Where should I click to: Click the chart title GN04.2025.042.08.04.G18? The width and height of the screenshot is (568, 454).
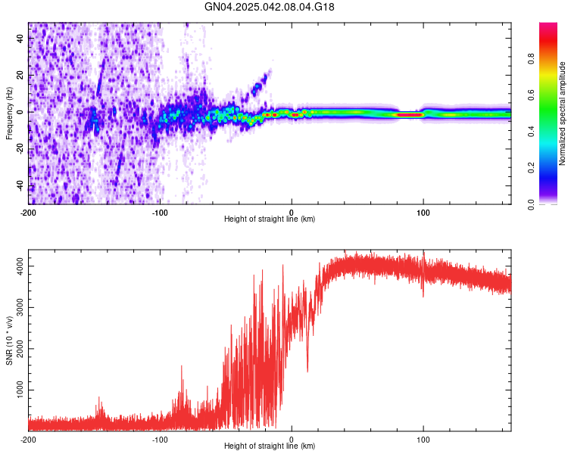(270, 7)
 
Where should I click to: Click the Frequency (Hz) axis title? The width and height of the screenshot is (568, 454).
(10, 112)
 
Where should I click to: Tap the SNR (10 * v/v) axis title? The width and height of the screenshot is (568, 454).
(10, 340)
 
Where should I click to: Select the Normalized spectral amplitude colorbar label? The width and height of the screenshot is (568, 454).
(563, 113)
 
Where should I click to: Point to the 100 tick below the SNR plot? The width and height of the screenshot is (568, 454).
(423, 439)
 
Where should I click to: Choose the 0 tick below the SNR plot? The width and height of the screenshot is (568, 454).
(292, 439)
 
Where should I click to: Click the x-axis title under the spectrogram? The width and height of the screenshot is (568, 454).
(270, 219)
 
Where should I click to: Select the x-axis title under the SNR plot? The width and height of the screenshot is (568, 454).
(270, 446)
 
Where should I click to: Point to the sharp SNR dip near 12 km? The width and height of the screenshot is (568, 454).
(307, 370)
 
